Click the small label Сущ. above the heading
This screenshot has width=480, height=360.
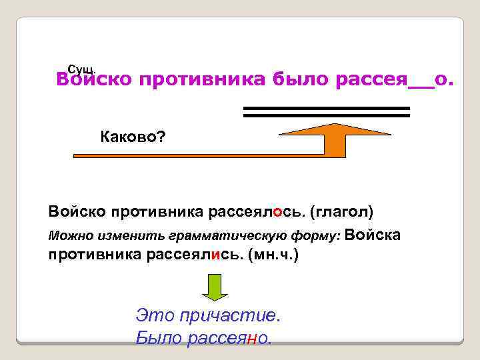83,69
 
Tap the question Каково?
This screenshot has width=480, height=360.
133,138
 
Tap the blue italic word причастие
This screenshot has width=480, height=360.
227,314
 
